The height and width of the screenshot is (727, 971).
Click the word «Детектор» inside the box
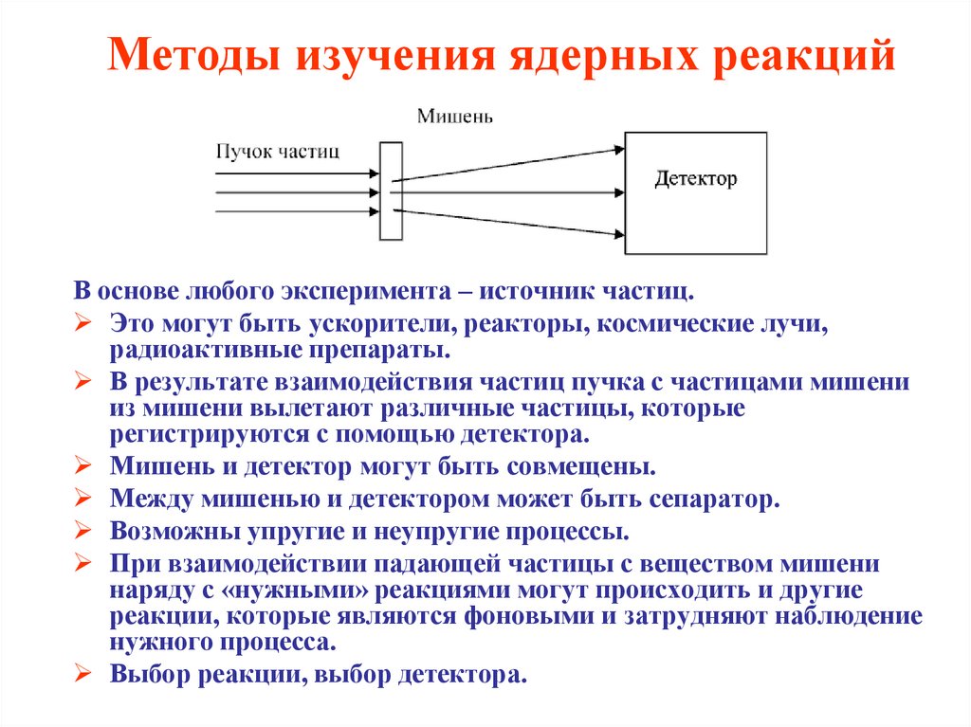695,178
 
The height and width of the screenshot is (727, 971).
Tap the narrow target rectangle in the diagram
390,191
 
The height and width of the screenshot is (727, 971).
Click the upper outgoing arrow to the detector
507,164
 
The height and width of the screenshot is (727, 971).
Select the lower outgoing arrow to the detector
507,221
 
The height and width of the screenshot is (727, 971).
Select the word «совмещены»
588,467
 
